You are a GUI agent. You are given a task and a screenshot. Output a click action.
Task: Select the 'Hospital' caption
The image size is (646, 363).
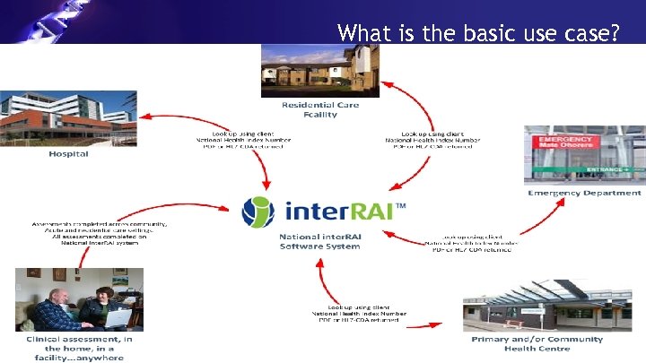tap(68, 154)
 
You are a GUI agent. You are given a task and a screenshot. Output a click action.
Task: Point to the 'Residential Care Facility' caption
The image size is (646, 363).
tap(321, 110)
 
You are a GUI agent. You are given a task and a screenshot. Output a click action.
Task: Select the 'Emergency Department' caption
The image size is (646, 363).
tap(584, 193)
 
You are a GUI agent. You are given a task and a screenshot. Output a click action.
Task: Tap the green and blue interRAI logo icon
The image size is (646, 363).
tap(260, 211)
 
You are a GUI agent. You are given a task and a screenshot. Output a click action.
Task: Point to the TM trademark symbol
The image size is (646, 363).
tap(400, 205)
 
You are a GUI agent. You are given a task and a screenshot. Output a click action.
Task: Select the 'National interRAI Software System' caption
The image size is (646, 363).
tap(321, 242)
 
